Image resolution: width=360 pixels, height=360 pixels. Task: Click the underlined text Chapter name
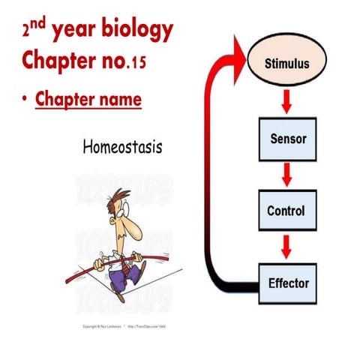click(x=88, y=99)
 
